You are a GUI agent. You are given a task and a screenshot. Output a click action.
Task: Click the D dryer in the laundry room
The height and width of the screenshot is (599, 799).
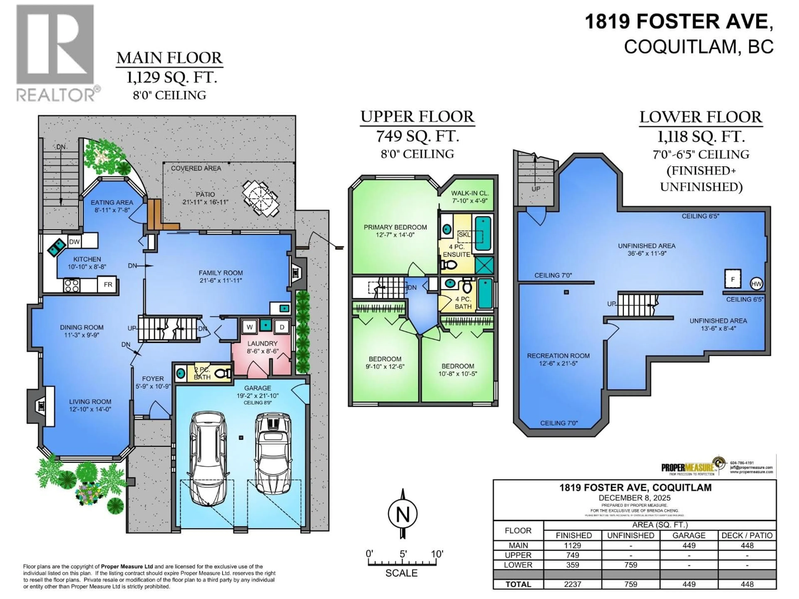tap(282, 327)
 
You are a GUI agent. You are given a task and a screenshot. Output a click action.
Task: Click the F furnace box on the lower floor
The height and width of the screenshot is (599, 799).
tap(733, 279)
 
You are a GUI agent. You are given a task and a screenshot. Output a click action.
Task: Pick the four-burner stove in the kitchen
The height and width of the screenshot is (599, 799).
tap(72, 285)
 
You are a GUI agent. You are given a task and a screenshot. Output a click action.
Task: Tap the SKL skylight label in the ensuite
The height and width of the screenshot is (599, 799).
tap(464, 235)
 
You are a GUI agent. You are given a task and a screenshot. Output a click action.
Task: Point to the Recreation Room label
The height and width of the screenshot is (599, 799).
tap(558, 356)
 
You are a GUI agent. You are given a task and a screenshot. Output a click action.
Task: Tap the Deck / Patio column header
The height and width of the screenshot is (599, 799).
tap(747, 535)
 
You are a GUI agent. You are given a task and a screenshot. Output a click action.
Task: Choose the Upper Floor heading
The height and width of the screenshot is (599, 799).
tap(417, 117)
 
